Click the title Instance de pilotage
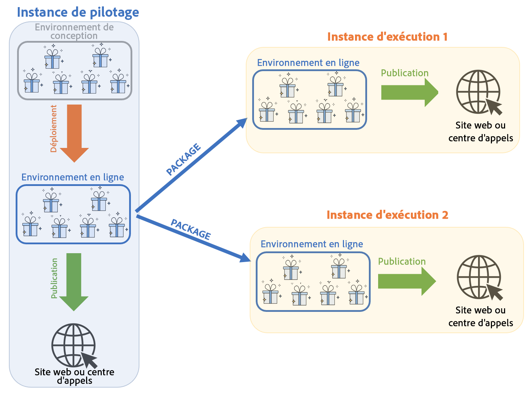(78, 12)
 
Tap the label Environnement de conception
(74, 31)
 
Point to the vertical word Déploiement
(54, 129)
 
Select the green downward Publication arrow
(74, 281)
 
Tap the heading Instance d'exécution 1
(387, 37)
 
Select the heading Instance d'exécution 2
(387, 215)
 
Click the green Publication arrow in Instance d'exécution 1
(409, 92)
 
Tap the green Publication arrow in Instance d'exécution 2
(407, 281)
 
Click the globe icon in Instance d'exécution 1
(479, 92)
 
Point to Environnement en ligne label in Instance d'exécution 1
(308, 63)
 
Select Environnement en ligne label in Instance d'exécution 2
(312, 244)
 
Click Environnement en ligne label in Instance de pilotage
(73, 177)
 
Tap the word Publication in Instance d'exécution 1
(404, 73)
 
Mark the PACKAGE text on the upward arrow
(184, 160)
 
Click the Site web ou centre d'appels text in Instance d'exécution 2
(480, 316)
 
